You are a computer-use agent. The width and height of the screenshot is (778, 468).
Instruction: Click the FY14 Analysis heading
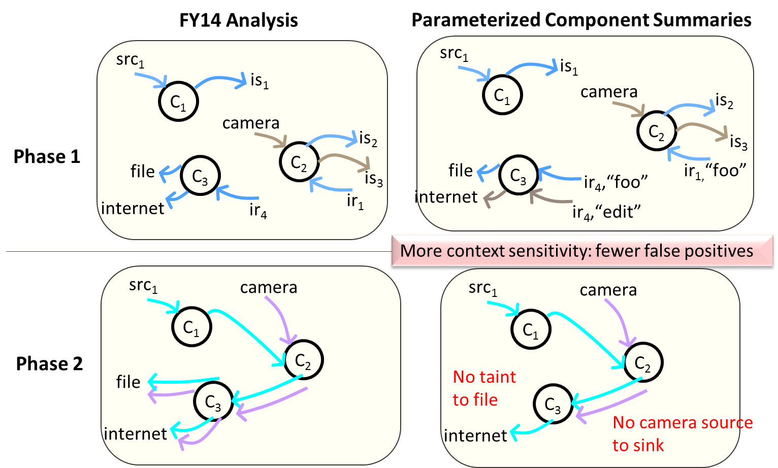click(x=238, y=20)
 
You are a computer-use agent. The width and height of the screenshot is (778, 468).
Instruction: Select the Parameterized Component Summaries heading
click(x=581, y=20)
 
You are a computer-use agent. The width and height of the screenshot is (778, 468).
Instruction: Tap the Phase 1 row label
click(x=47, y=156)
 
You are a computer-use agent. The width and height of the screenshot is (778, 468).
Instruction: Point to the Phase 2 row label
click(x=49, y=363)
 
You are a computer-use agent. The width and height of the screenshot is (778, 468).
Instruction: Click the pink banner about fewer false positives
click(x=582, y=251)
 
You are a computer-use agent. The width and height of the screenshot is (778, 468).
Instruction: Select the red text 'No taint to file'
click(x=484, y=388)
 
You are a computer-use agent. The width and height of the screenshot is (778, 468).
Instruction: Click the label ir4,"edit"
click(x=606, y=212)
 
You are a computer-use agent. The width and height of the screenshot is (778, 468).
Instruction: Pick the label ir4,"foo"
click(x=616, y=182)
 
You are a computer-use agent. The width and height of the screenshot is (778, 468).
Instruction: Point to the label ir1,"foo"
click(x=715, y=171)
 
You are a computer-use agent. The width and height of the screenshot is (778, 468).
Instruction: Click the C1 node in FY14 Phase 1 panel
click(x=179, y=102)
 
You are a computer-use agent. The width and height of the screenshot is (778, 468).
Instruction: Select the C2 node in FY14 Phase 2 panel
click(x=304, y=360)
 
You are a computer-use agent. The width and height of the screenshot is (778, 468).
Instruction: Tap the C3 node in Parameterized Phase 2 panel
click(x=553, y=404)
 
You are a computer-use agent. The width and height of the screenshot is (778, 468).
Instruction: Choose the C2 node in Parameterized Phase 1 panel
click(x=657, y=131)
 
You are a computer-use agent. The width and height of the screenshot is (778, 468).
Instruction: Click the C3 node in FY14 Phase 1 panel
click(x=201, y=176)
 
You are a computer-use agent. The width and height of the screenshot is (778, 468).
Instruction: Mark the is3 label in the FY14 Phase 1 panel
click(x=374, y=179)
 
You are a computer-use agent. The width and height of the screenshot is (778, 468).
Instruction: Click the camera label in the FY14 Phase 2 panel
click(x=269, y=287)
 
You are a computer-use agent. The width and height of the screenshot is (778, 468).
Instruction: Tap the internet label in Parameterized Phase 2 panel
click(x=475, y=436)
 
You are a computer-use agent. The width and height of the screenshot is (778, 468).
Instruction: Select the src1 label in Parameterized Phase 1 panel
click(x=454, y=54)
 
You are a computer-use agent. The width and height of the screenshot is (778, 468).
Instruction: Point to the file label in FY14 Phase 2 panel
click(x=128, y=382)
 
